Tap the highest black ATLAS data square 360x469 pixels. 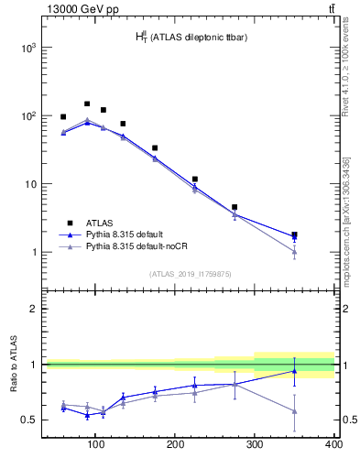click(87, 104)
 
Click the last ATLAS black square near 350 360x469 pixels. click(294, 235)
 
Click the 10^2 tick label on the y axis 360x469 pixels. click(26, 116)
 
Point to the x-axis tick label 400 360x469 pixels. click(333, 445)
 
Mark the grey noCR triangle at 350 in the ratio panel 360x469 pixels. click(294, 410)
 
